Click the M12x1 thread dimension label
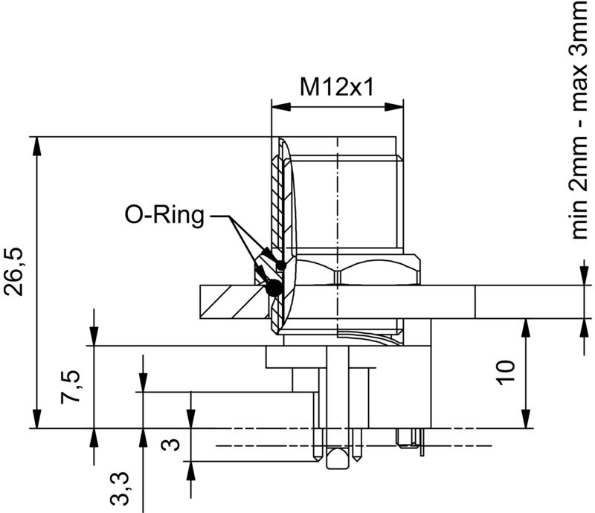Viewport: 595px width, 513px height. coord(335,88)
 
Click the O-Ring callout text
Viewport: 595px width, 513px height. coord(164,216)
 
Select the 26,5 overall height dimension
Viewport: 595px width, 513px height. coord(16,271)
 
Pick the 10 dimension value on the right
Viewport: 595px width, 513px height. coord(506,372)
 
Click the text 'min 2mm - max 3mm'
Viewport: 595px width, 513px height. coord(582,119)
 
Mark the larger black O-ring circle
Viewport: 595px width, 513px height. coord(273,288)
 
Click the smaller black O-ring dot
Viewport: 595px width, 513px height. coord(280,265)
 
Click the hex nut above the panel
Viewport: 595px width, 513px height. coord(357,271)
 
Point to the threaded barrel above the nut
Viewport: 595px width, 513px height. coord(346,201)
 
